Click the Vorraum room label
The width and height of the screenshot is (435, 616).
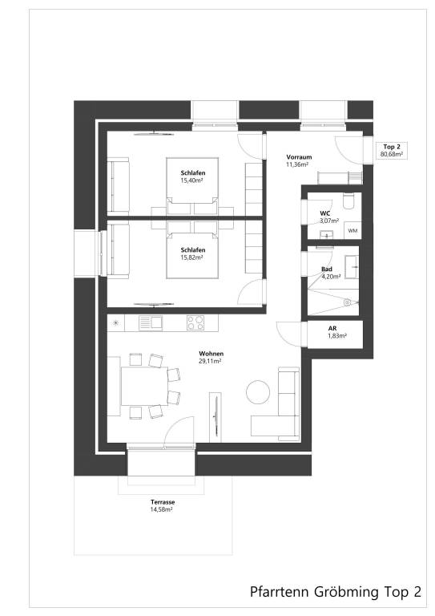pos(298,157)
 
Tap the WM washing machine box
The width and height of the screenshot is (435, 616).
pos(352,231)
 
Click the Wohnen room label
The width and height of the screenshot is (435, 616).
pos(211,354)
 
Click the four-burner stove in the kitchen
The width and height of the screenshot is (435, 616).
pos(195,322)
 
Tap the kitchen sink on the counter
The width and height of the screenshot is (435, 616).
pos(150,322)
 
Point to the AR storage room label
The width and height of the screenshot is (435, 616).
pos(332,329)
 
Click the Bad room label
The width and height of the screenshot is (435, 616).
pos(327,269)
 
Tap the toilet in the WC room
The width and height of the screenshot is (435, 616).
pos(346,201)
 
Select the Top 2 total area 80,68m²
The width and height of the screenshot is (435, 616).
pos(392,153)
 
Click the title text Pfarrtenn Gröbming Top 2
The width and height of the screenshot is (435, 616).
pos(335,593)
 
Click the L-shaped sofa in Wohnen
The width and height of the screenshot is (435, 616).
pos(280,409)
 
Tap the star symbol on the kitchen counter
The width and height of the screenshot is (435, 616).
pos(115,322)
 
